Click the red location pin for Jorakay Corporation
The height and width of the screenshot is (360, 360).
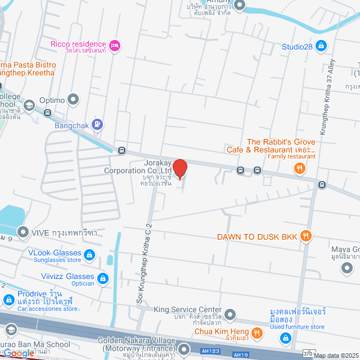179,168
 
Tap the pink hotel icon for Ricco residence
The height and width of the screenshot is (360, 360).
115,45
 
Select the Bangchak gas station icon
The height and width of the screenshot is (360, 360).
98,124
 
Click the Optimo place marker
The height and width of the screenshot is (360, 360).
73,100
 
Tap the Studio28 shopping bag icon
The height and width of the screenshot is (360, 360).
321,45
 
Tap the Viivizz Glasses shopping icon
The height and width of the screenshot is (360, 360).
102,278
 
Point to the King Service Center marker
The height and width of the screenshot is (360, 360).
229,314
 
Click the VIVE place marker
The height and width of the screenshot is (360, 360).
23,232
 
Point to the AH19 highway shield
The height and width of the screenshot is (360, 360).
241,354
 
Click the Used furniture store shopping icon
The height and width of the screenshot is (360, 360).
286,337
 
